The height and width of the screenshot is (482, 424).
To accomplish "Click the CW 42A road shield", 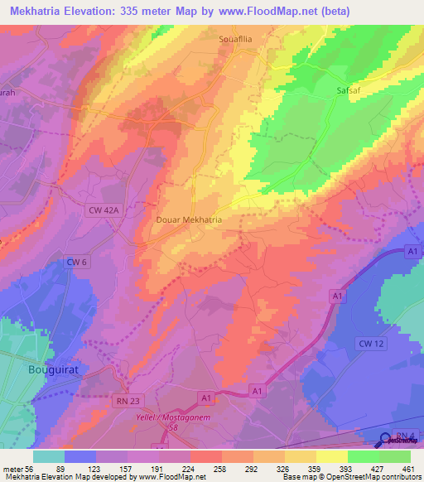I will [103, 211].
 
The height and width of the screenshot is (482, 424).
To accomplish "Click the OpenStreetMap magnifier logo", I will [386, 441].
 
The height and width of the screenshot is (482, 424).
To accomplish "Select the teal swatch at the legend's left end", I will [49, 456].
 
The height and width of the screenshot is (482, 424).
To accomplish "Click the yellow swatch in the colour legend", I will [331, 456].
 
